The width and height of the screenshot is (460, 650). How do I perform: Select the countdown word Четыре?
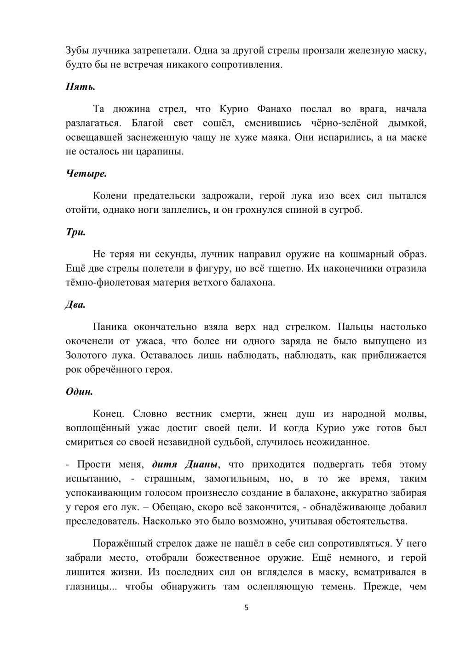(x=80, y=174)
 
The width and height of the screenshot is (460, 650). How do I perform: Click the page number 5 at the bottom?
(x=246, y=608)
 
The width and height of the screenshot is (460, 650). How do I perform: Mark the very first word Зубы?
(x=76, y=50)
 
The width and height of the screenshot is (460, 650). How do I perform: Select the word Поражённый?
(x=122, y=544)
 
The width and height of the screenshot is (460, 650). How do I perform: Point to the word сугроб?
(x=345, y=211)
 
